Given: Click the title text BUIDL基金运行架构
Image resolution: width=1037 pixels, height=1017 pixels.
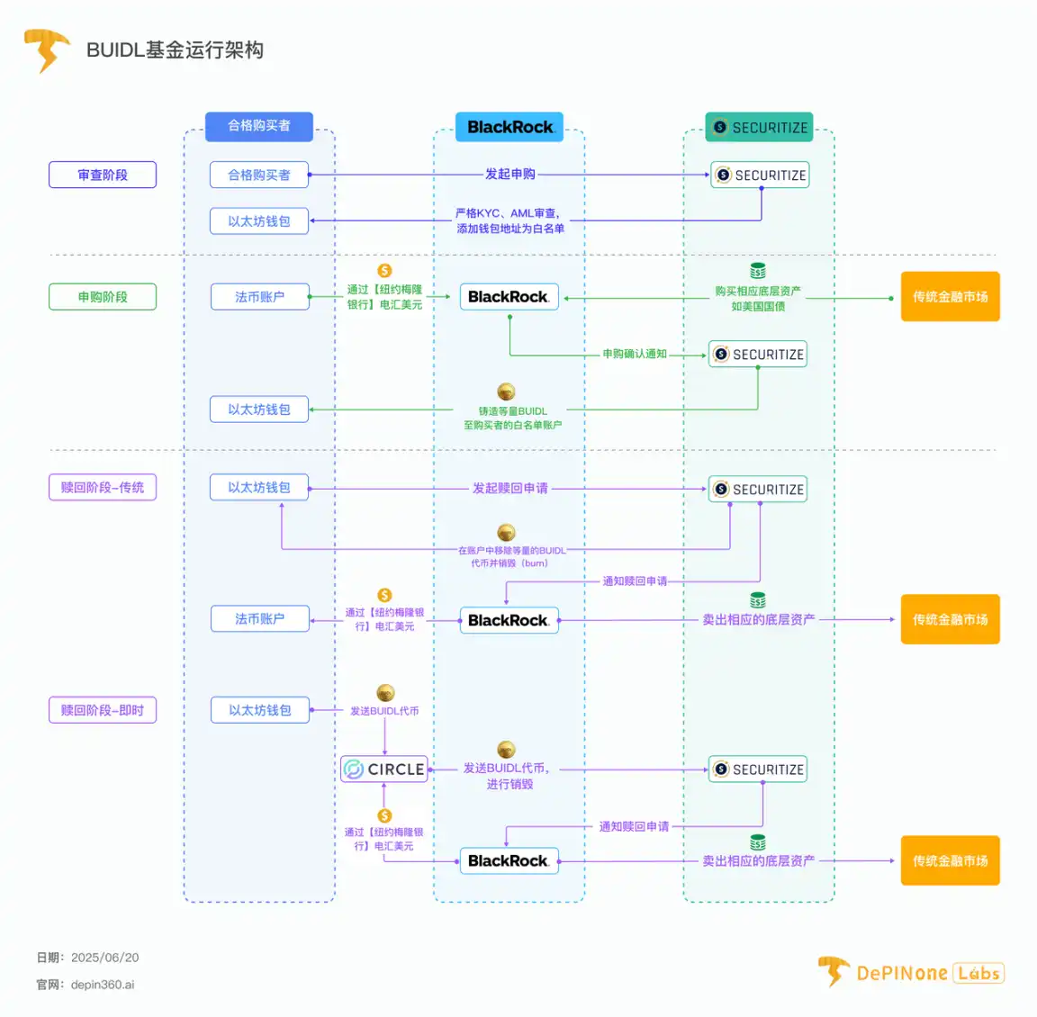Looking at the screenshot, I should pyautogui.click(x=175, y=50).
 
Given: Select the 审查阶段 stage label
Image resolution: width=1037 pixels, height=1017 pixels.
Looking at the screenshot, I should pyautogui.click(x=103, y=175).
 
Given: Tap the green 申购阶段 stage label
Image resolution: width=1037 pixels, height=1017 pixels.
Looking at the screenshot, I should pyautogui.click(x=103, y=297).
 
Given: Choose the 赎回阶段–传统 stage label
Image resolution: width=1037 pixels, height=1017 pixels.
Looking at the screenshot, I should pyautogui.click(x=103, y=488).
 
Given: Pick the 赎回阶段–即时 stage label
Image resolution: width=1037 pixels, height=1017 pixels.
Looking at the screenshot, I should pyautogui.click(x=103, y=710).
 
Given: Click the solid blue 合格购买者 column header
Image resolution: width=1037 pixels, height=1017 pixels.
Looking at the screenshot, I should pyautogui.click(x=259, y=126).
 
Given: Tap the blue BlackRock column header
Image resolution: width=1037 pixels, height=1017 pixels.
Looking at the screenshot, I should pyautogui.click(x=509, y=127).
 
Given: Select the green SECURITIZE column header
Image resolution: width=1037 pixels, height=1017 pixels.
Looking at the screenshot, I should pyautogui.click(x=759, y=128).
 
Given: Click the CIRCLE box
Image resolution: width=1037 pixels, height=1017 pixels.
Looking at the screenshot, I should pyautogui.click(x=384, y=769).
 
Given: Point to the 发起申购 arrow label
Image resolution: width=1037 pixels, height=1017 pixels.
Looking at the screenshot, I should pyautogui.click(x=510, y=174).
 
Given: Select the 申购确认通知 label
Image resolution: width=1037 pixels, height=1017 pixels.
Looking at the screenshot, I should pyautogui.click(x=635, y=354).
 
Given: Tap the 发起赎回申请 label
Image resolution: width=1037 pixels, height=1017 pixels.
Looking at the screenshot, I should pyautogui.click(x=510, y=488).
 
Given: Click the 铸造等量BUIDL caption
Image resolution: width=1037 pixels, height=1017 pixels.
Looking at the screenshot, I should pyautogui.click(x=512, y=411).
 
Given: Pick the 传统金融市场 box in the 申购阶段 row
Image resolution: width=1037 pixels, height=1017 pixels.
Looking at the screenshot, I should pyautogui.click(x=950, y=297).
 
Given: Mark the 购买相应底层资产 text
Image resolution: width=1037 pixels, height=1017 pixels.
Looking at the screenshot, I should pyautogui.click(x=758, y=292).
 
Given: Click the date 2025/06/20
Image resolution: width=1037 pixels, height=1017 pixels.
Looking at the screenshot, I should pyautogui.click(x=104, y=958).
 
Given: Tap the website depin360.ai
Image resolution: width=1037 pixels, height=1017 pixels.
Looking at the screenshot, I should pyautogui.click(x=103, y=985).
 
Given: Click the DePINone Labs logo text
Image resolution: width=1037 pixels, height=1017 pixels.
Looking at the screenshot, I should pyautogui.click(x=929, y=973).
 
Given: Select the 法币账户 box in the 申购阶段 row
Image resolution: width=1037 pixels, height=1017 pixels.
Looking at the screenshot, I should pyautogui.click(x=259, y=297).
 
